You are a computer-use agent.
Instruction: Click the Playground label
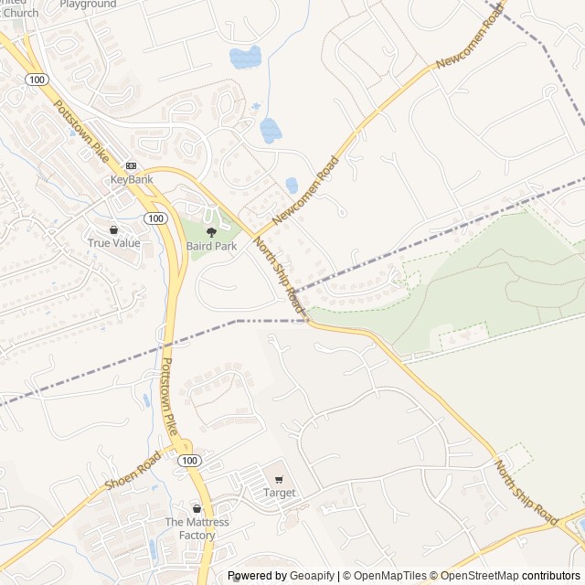tap(89, 4)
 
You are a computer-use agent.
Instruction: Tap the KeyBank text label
tap(132, 179)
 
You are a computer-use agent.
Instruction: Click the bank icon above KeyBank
tap(132, 165)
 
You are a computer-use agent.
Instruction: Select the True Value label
tap(114, 242)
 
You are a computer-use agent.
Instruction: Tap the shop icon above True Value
tap(114, 229)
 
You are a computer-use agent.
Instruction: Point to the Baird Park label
tap(211, 247)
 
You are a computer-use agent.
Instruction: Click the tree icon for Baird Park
tap(211, 233)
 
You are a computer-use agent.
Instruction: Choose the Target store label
tap(280, 493)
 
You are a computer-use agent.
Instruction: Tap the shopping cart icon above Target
tap(280, 479)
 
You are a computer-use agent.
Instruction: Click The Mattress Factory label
tap(197, 528)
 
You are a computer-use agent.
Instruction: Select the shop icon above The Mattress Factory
tap(197, 508)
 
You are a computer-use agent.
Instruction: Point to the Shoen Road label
tap(133, 470)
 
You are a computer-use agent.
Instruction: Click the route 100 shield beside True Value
tap(155, 218)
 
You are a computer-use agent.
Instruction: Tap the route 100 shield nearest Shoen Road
tap(189, 461)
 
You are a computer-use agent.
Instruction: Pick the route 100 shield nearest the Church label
tap(36, 81)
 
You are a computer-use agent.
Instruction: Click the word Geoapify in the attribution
tap(312, 576)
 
